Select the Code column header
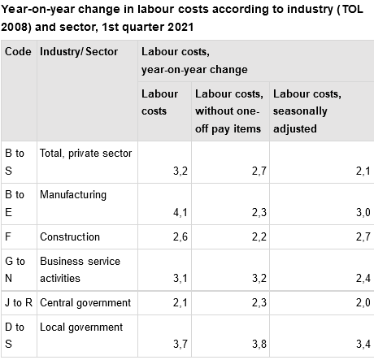pos(18,51)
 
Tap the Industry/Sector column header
pos(78,51)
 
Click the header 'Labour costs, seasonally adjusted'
pos(307,111)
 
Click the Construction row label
pos(70,236)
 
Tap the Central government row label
pos(85,303)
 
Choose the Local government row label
pos(81,327)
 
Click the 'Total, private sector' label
pos(85,153)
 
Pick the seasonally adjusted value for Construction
pos(364,237)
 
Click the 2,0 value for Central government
pos(364,303)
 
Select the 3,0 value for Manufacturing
pos(364,214)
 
